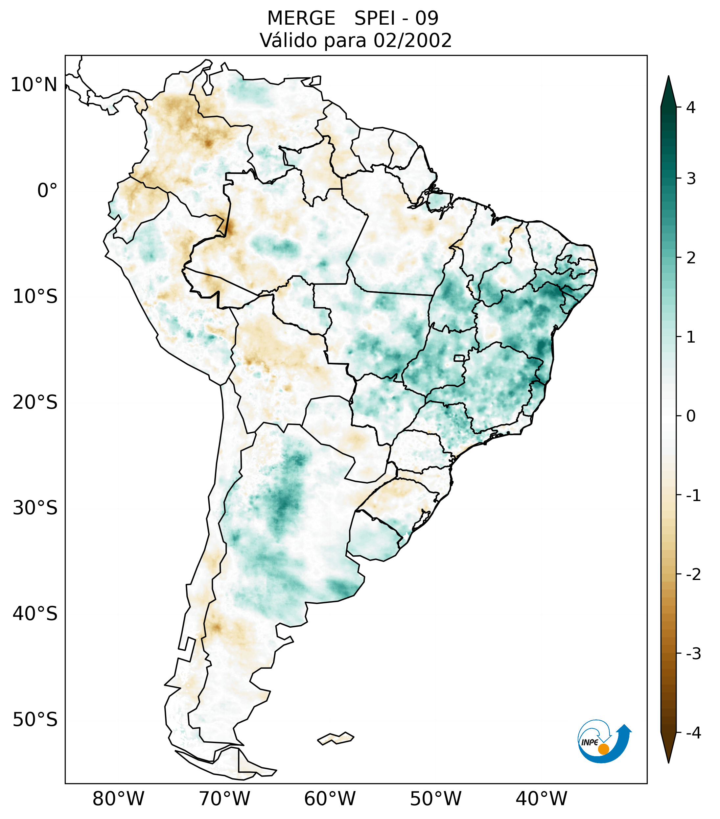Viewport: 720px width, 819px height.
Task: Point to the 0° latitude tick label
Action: (47, 191)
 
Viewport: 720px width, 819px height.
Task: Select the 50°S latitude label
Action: (35, 720)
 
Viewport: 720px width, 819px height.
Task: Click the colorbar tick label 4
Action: (691, 108)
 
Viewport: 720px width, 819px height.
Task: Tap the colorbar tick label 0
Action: (691, 416)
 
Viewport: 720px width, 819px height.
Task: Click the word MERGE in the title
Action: (301, 18)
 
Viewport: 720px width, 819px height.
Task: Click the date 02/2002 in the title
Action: (412, 40)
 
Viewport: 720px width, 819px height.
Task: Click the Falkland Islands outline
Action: (336, 738)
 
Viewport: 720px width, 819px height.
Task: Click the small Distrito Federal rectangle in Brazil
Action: (459, 357)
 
